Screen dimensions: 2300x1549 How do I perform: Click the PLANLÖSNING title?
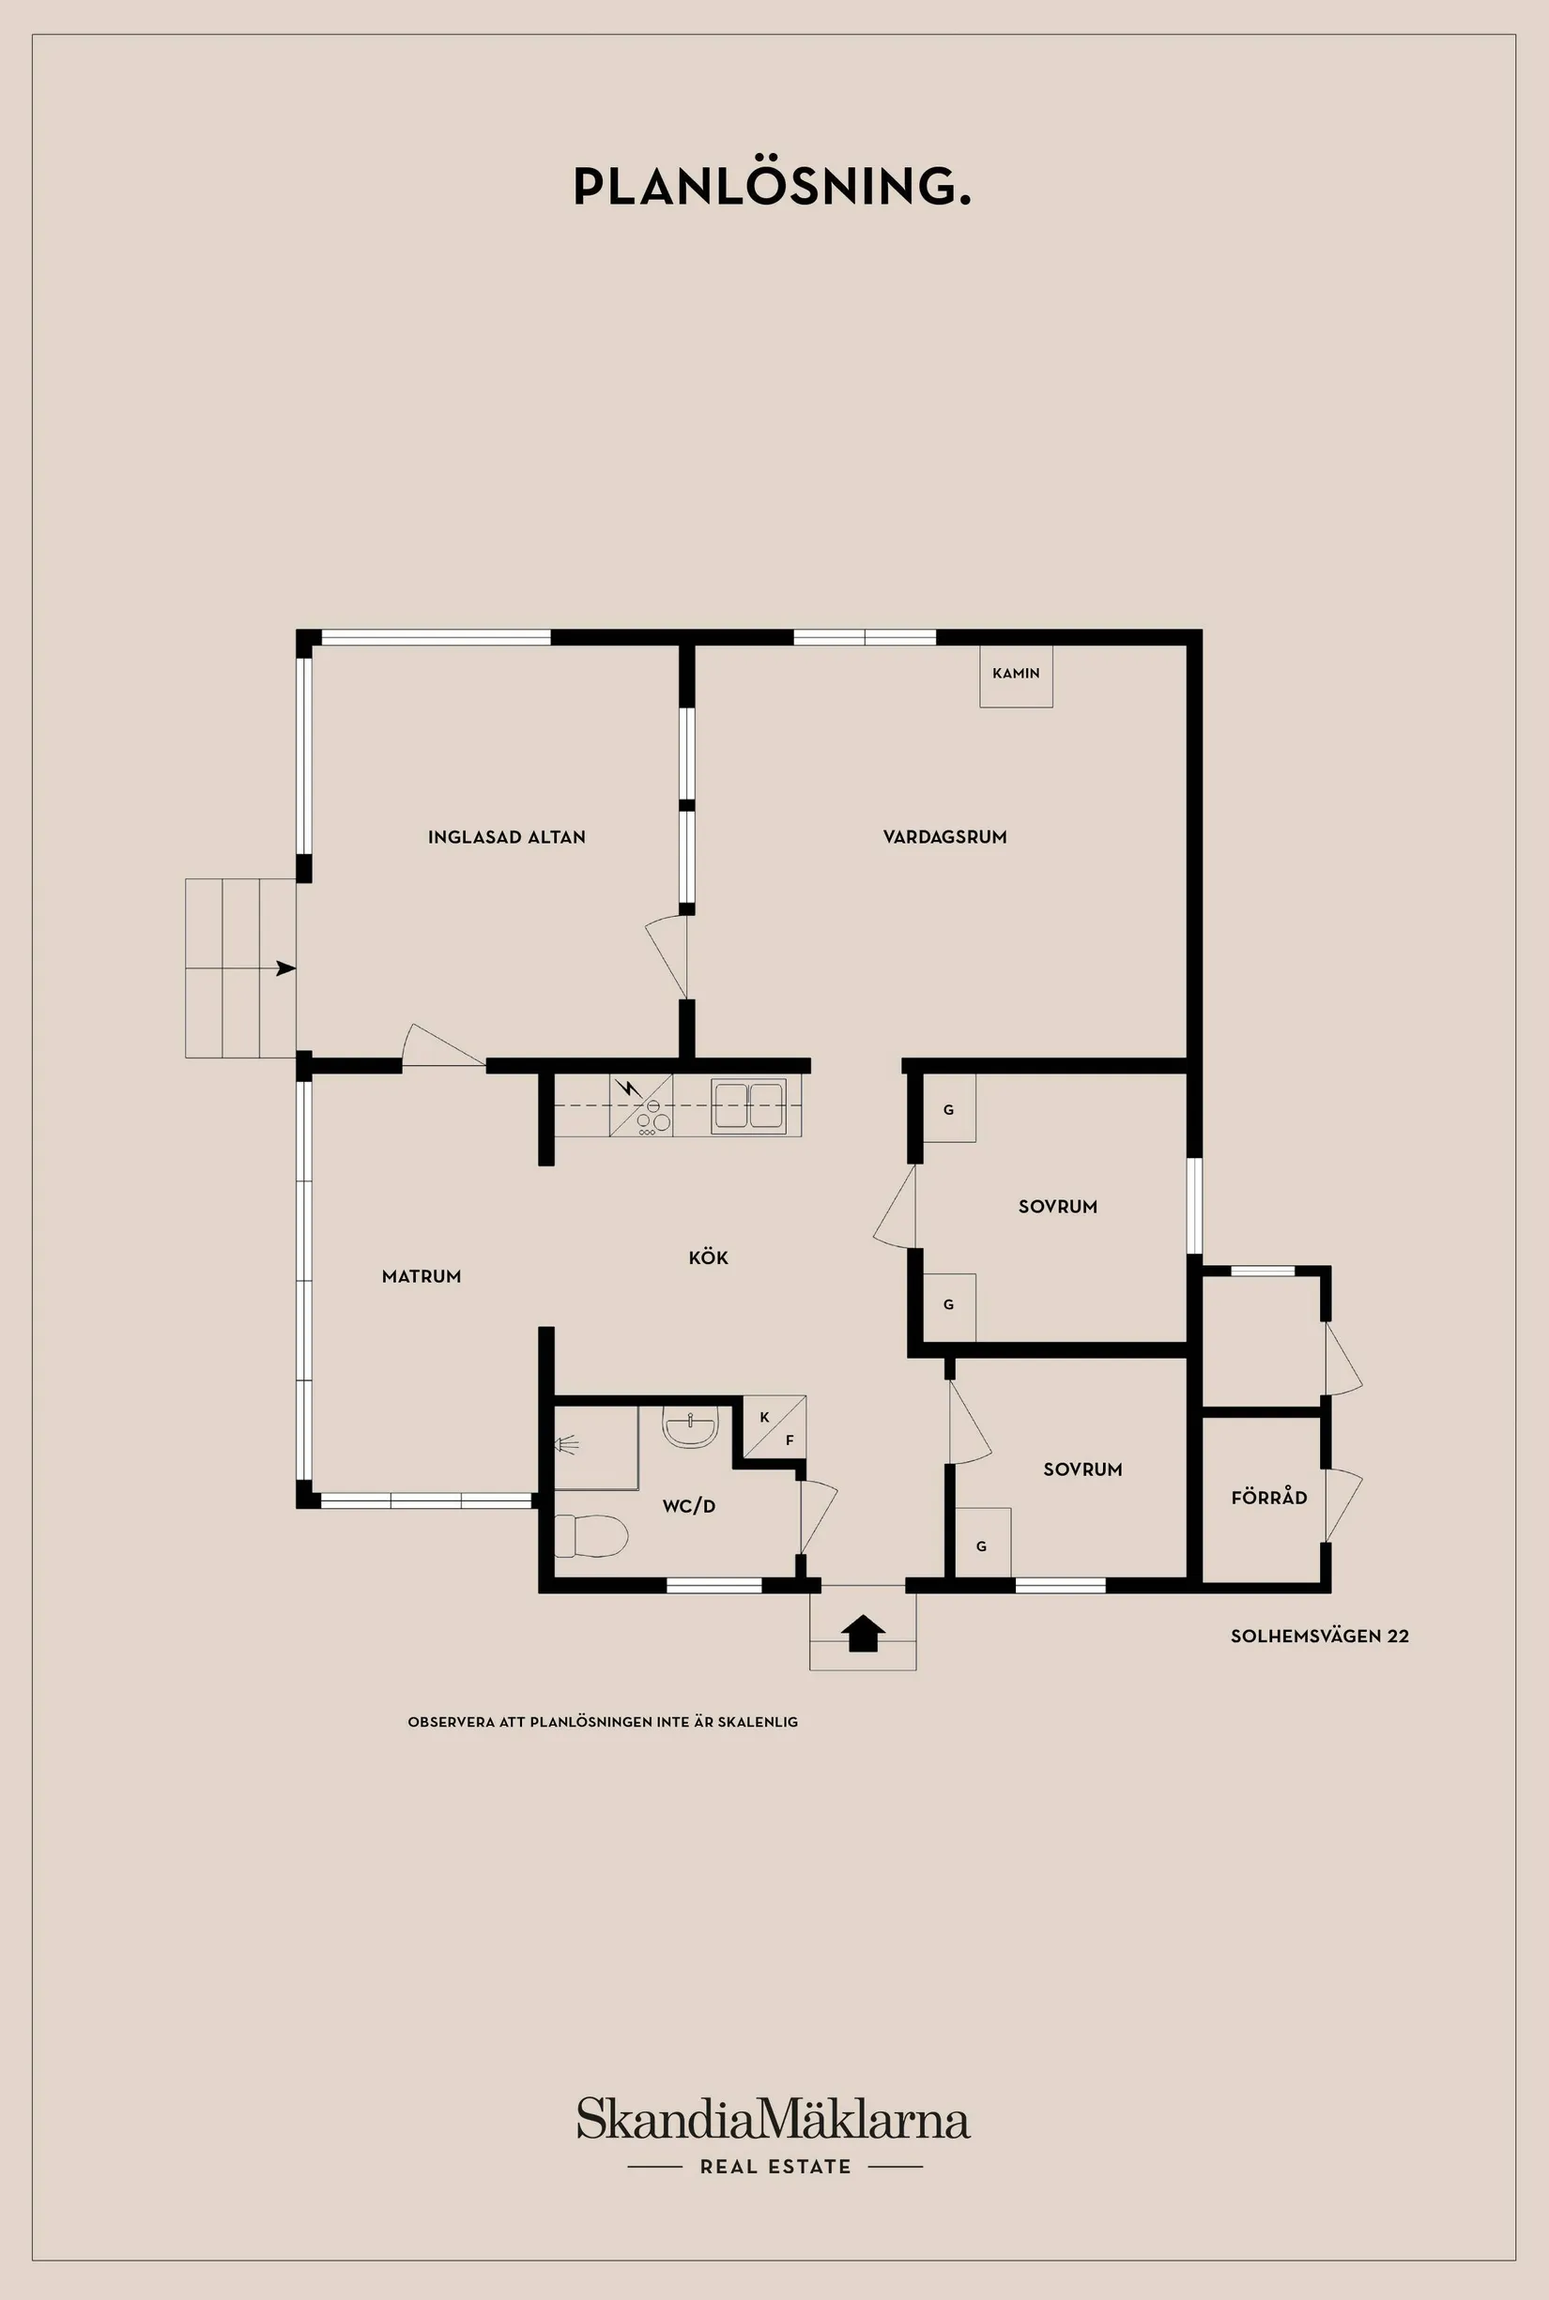coord(772,187)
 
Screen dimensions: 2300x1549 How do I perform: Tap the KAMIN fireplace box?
coord(1016,675)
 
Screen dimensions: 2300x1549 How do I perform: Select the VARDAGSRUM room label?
coord(944,837)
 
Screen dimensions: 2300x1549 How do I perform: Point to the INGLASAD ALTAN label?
coord(506,837)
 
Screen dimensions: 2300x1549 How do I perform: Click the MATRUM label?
coord(421,1277)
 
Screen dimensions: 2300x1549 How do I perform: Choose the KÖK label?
coord(708,1258)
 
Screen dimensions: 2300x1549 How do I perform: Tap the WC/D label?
coord(688,1506)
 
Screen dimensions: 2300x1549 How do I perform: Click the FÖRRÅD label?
coord(1268,1498)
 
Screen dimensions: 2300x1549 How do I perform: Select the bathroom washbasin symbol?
coord(690,1428)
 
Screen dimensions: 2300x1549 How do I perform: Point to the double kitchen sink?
coord(749,1105)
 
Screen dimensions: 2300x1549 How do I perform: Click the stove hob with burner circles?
coord(653,1118)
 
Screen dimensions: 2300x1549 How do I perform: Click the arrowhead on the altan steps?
coord(285,968)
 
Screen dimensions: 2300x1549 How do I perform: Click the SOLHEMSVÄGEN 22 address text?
coord(1319,1637)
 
